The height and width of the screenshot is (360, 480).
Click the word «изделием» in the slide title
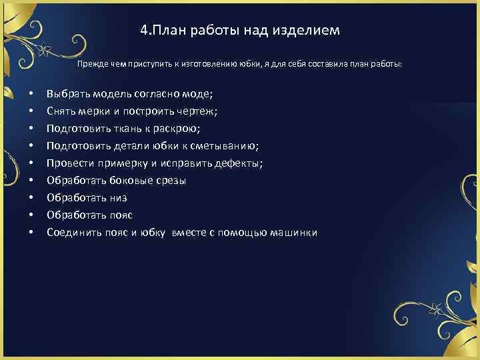(309, 31)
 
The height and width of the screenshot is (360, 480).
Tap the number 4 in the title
(144, 31)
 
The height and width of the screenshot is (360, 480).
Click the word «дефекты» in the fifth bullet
(238, 163)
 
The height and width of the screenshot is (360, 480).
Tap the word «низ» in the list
(117, 198)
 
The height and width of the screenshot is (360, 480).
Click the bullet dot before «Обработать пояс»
(31, 215)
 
